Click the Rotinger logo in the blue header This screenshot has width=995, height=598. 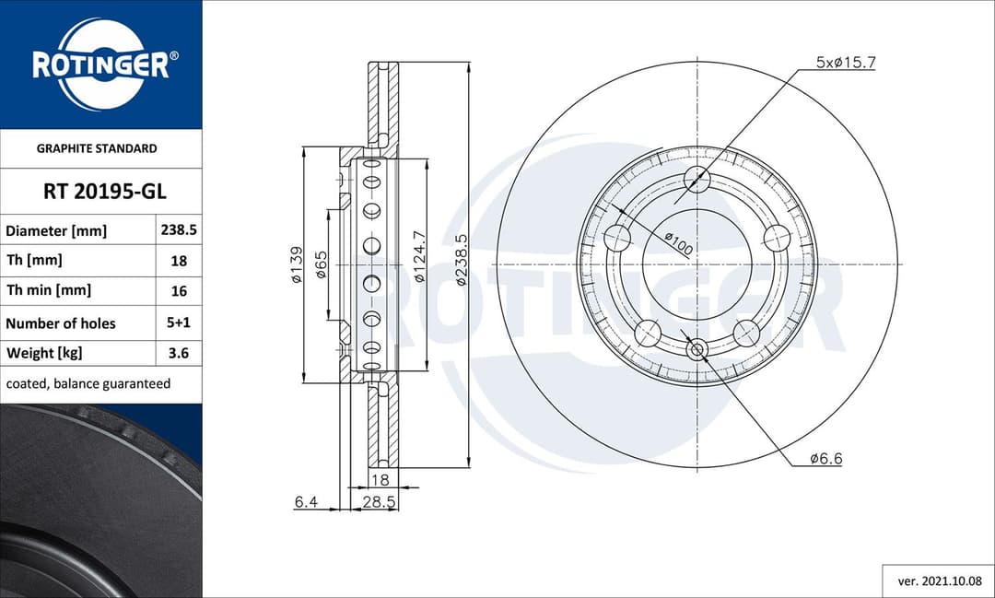coord(100,64)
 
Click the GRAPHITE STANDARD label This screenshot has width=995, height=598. coord(97,148)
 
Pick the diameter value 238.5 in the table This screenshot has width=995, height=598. coord(179,231)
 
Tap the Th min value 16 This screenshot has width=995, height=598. coord(179,290)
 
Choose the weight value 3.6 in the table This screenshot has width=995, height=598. coord(179,353)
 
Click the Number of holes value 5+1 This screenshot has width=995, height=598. coord(179,322)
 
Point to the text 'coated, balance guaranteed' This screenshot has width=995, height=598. coord(88,383)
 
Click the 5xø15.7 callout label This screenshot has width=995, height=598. coord(845,63)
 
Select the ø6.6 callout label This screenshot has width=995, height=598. coord(825,458)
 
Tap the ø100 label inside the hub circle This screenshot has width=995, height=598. coord(679,244)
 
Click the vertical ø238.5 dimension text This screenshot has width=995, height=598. coord(462,259)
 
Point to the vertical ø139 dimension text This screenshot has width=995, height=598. coord(297,264)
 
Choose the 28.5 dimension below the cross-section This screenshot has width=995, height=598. coord(379,501)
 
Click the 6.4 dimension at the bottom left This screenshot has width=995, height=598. coord(306,501)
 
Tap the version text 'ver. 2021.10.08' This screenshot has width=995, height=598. coord(939,581)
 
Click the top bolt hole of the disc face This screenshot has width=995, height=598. coord(697,181)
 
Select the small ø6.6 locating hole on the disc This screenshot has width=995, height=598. coord(697,349)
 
